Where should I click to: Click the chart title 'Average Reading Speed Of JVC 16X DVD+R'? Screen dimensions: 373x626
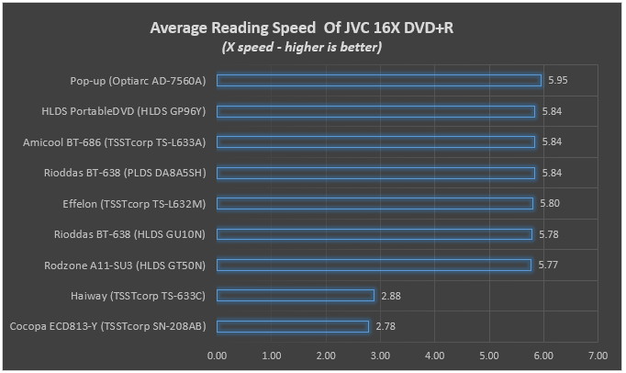click(x=302, y=28)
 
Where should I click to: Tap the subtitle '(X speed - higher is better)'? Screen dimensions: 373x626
click(x=302, y=46)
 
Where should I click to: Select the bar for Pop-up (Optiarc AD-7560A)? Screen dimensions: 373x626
click(x=379, y=81)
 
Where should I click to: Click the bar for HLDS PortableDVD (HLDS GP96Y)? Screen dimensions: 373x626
click(x=376, y=111)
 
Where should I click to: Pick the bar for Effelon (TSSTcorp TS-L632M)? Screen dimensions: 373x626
click(x=374, y=203)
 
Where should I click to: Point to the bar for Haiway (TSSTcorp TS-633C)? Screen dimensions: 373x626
click(x=296, y=295)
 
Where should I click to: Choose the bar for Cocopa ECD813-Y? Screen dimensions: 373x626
click(x=293, y=326)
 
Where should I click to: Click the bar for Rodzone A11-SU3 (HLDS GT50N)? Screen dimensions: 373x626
click(x=374, y=265)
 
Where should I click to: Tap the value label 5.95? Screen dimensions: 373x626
click(x=557, y=81)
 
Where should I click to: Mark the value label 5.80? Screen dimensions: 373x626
click(x=549, y=203)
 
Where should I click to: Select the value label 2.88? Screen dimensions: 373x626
click(x=390, y=295)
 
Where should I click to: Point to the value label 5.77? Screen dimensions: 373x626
click(x=548, y=265)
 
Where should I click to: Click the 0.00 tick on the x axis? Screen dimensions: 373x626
click(x=218, y=355)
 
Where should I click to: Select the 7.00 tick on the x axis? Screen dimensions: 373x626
click(x=598, y=355)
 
